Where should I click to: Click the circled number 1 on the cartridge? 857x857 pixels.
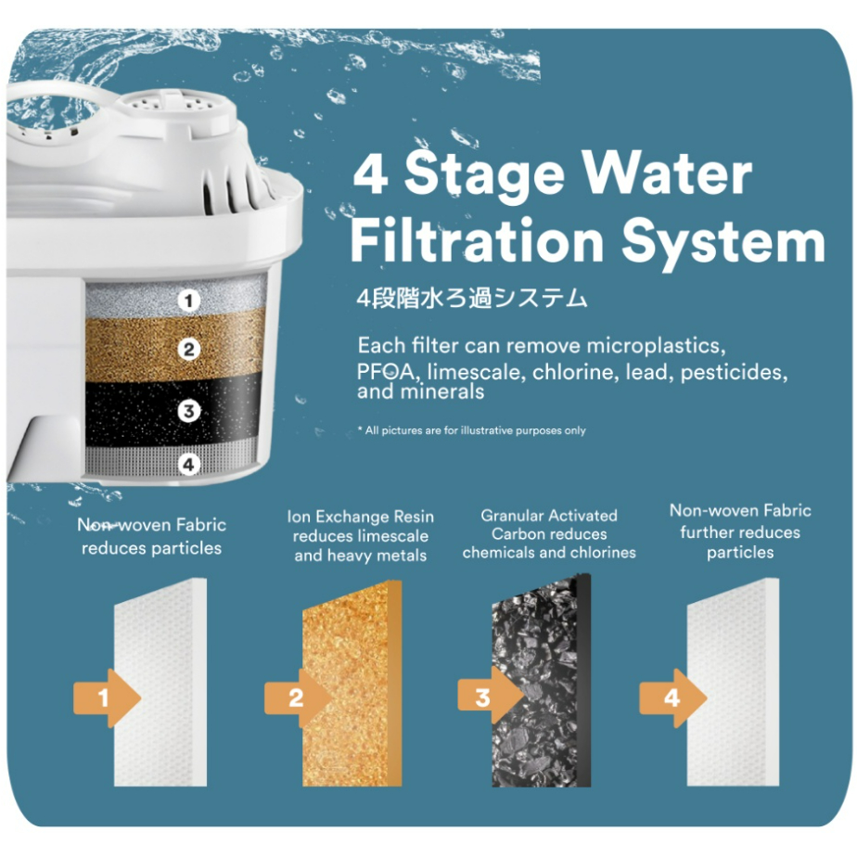[x=189, y=301]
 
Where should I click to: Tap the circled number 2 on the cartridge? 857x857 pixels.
[x=189, y=350]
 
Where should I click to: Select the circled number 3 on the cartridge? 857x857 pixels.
[x=189, y=411]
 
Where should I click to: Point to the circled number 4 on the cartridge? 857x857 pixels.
[x=188, y=465]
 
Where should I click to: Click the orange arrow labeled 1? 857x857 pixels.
[x=108, y=698]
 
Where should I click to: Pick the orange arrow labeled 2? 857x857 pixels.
[x=298, y=698]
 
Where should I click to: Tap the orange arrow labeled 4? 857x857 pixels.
[x=673, y=698]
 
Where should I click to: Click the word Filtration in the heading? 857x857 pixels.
[x=477, y=240]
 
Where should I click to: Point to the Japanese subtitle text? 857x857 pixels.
[x=471, y=299]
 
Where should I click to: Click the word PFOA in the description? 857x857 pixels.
[x=385, y=372]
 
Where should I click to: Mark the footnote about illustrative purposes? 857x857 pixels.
[x=471, y=430]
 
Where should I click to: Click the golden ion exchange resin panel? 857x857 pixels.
[x=352, y=684]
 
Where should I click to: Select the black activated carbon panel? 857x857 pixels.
[x=541, y=681]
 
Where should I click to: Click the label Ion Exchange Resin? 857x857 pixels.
[x=360, y=517]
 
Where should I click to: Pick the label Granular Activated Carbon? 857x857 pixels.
[x=549, y=525]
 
